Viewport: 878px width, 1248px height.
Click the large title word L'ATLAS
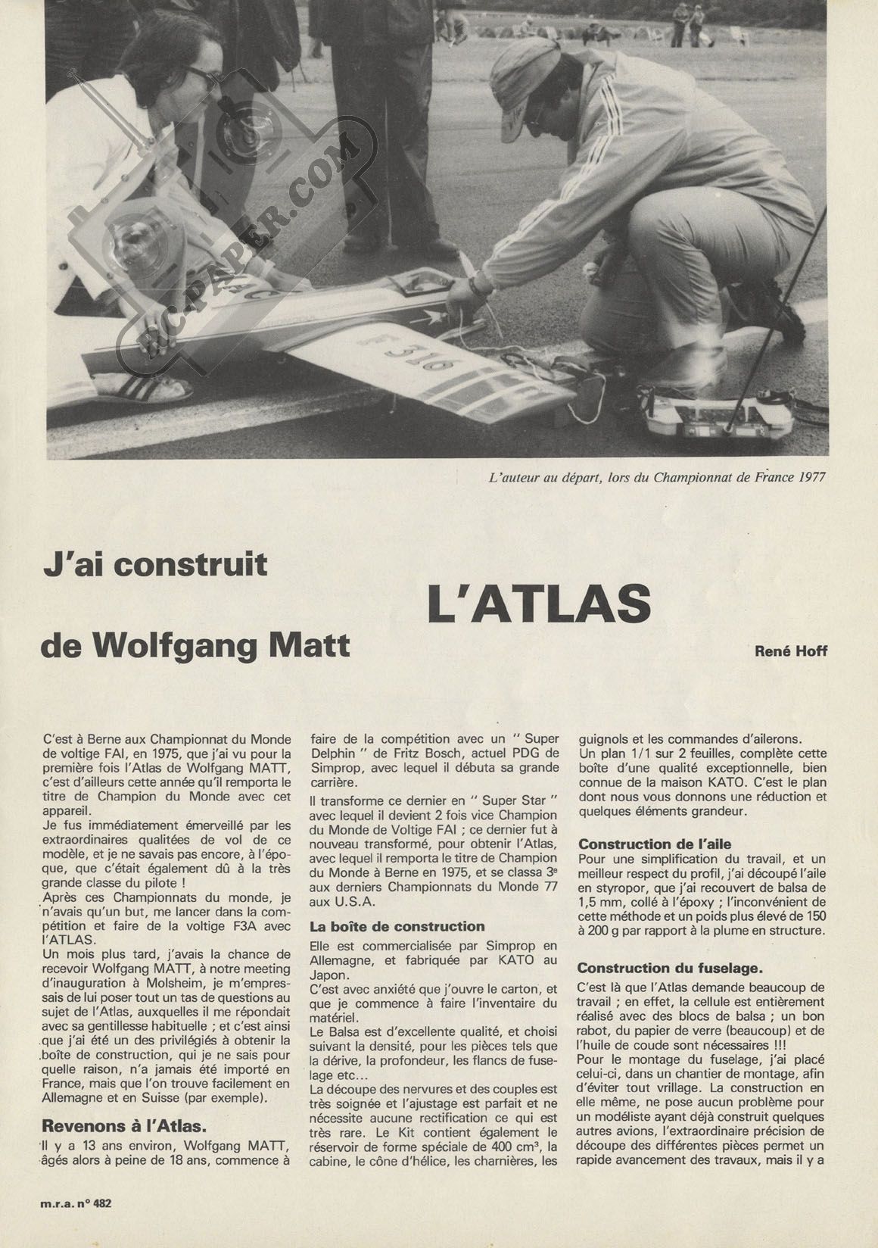(x=539, y=604)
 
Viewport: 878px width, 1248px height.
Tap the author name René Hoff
(x=790, y=651)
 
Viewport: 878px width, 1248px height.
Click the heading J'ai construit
(x=155, y=564)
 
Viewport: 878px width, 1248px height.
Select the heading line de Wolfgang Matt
(x=197, y=646)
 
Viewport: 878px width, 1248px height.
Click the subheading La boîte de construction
(x=397, y=926)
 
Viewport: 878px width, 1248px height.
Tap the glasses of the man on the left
(x=200, y=80)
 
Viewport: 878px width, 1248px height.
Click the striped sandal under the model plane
(x=151, y=388)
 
